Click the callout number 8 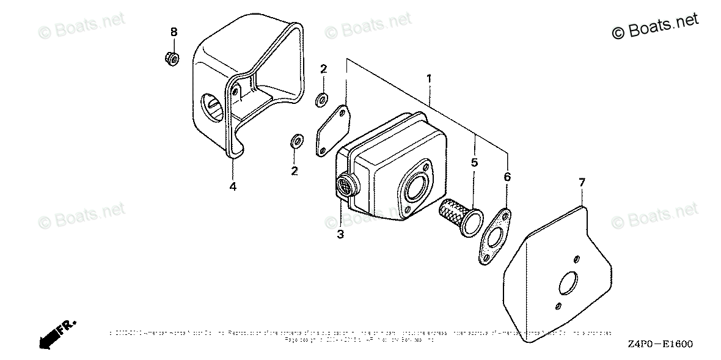(174, 32)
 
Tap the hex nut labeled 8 (172, 59)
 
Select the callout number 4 (233, 186)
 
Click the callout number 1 (430, 79)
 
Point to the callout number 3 (340, 234)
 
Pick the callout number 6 (507, 177)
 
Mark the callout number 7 (582, 182)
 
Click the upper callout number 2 (323, 68)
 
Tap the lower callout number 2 (295, 171)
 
